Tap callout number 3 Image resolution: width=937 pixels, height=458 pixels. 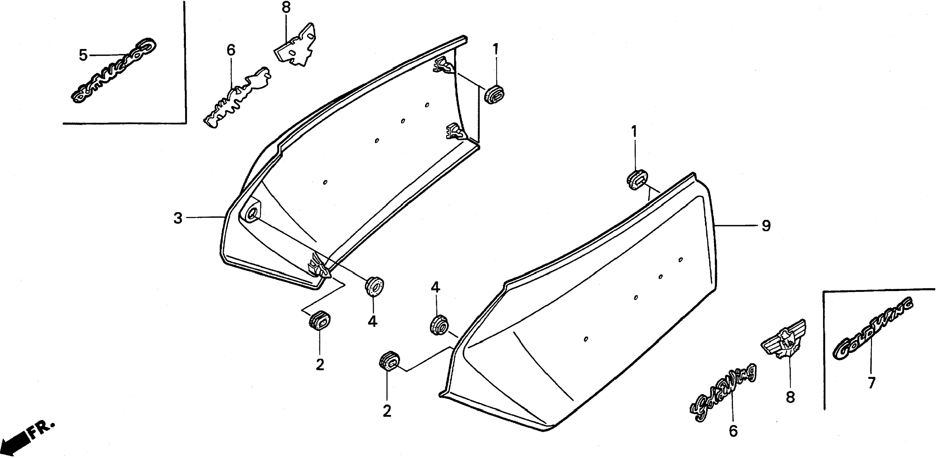click(x=177, y=218)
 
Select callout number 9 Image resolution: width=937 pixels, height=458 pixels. click(x=766, y=226)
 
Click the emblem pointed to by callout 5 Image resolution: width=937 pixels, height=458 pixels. click(x=113, y=71)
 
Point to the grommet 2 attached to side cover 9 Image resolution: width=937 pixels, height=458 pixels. click(x=389, y=361)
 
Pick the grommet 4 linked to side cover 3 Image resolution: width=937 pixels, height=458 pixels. click(x=375, y=286)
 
